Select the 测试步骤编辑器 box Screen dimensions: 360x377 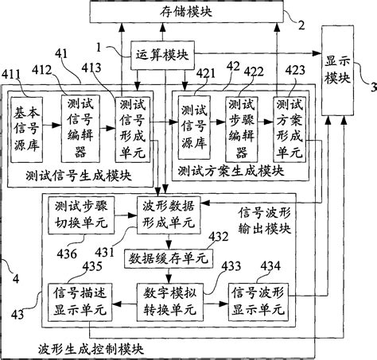[239, 125]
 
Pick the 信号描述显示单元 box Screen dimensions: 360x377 [76, 301]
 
